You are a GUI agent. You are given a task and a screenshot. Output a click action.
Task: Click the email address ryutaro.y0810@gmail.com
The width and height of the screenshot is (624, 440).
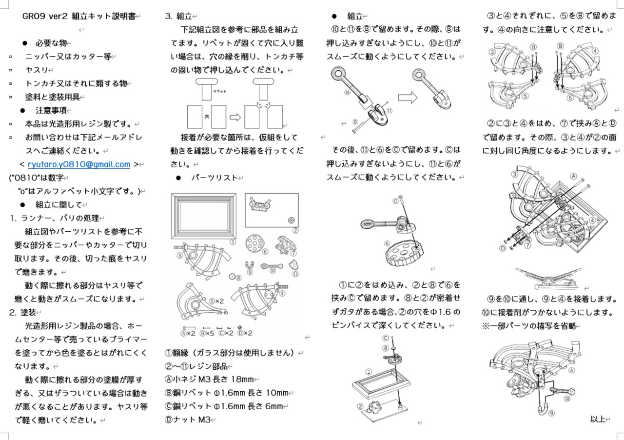pos(78,164)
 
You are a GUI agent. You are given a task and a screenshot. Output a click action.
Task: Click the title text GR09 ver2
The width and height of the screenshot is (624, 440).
pos(45,16)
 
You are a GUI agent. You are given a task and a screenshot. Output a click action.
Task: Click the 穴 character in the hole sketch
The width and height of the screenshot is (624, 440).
pos(206,117)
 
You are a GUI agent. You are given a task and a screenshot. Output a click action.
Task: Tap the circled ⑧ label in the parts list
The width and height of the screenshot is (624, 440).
pos(238,278)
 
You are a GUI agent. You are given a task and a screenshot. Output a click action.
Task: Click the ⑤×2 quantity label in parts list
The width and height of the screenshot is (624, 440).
pos(216,301)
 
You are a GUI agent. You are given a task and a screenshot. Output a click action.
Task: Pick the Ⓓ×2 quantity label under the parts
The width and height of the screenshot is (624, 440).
pos(245,333)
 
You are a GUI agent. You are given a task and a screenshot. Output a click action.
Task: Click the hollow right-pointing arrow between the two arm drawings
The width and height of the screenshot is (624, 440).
pos(404,97)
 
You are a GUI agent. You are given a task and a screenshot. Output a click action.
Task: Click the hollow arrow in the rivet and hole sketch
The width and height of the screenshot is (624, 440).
pos(236,117)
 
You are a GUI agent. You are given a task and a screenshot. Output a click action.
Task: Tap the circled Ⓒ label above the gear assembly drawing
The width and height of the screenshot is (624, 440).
pos(395,200)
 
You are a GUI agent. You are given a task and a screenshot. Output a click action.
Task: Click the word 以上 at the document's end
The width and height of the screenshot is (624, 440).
pos(597,419)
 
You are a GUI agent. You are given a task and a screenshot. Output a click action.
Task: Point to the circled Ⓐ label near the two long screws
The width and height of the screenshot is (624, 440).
pos(574,176)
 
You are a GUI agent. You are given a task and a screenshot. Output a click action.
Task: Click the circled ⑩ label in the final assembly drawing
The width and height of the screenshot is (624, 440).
pos(567,399)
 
